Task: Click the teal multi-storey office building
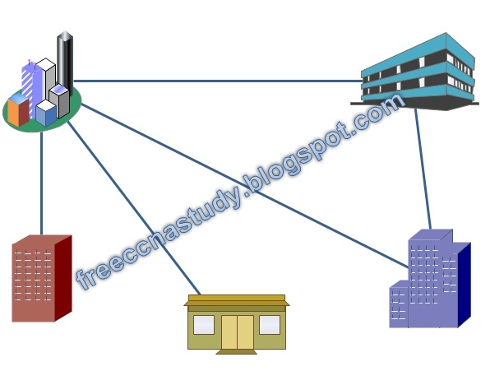[x=419, y=73]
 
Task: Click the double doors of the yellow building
[x=237, y=331]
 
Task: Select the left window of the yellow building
[x=203, y=324]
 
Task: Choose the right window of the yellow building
[x=270, y=324]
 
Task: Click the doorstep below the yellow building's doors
[x=237, y=351]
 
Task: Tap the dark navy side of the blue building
[x=464, y=284]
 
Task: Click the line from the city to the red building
[x=41, y=181]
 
